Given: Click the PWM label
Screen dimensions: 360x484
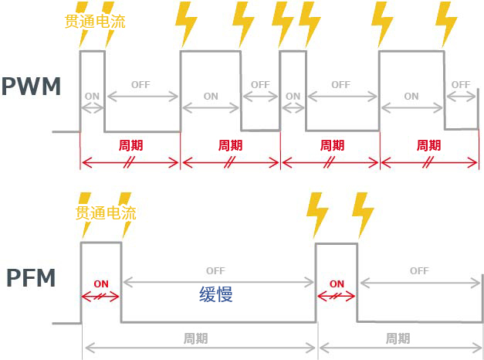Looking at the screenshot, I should coord(31,87).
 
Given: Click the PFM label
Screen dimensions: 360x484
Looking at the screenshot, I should coord(30,277).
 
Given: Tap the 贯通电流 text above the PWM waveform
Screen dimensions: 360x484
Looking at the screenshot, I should coord(96,21).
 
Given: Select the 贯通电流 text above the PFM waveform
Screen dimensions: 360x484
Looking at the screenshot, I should coord(106,212).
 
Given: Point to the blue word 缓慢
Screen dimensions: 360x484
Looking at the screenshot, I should coord(215,294).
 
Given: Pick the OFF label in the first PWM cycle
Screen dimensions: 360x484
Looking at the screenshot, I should coord(140,84).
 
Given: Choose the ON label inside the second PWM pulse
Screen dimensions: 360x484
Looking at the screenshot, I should coord(211,97).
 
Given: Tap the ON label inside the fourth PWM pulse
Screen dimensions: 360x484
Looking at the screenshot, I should coord(411,97).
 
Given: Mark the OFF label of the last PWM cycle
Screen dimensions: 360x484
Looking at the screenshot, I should coord(461,84).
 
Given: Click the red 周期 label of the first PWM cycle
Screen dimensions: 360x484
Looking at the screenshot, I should coord(130,145).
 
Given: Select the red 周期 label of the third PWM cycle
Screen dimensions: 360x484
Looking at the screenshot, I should coord(330,145).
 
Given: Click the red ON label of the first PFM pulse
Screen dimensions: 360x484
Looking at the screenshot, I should coord(101,284).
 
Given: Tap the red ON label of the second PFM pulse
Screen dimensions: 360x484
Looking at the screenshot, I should coord(337,284).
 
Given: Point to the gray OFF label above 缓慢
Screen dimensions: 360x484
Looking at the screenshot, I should coord(215,271).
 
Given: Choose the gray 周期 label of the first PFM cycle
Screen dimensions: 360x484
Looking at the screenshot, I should coord(196,338).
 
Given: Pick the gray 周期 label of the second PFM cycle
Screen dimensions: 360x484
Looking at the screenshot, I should coord(398,338).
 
